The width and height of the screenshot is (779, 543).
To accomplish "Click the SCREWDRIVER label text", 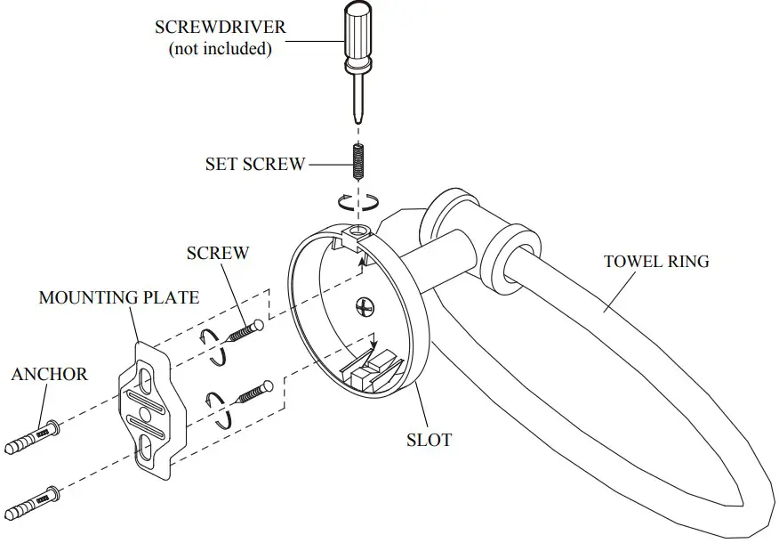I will tap(221, 27).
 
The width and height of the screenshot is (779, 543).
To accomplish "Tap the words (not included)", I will tap(220, 49).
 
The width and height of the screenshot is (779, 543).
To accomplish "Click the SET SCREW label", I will tap(255, 164).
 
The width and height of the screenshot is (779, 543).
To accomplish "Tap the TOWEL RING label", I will tap(656, 262).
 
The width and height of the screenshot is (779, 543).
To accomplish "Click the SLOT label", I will tap(430, 440).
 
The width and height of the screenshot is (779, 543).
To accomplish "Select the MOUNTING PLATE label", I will tap(118, 297).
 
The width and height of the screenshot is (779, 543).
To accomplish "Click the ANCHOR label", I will tap(49, 374).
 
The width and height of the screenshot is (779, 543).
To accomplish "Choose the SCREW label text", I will tap(218, 253).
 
